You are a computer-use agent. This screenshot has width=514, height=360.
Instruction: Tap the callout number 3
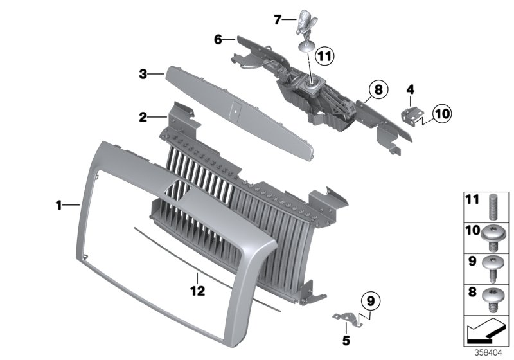click(x=144, y=75)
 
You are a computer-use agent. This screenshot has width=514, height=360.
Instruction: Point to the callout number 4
click(x=411, y=89)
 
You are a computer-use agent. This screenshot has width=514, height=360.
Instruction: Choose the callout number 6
click(x=218, y=40)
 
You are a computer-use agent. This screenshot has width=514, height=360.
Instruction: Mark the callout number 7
click(x=278, y=20)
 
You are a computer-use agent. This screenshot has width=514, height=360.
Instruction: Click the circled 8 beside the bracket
click(x=377, y=90)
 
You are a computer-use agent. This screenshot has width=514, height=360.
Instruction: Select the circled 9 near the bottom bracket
click(x=369, y=300)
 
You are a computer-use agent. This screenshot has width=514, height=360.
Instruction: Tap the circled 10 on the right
click(x=441, y=114)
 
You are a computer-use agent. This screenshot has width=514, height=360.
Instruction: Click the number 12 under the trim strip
click(x=197, y=291)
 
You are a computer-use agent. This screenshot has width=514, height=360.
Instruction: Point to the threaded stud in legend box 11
click(x=493, y=207)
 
